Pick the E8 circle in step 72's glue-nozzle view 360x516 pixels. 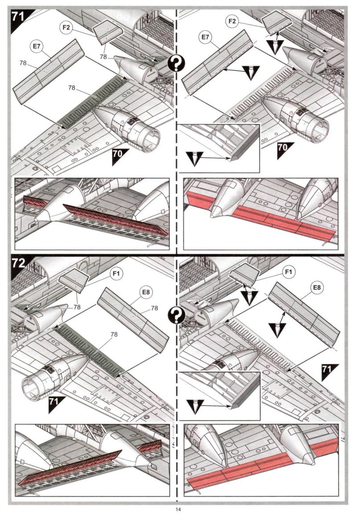pyautogui.click(x=316, y=288)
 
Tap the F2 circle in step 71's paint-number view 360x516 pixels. pyautogui.click(x=66, y=28)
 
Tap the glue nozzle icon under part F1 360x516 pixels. pyautogui.click(x=249, y=297)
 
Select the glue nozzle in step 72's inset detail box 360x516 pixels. pyautogui.click(x=195, y=407)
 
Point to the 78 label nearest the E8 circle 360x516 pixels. pyautogui.click(x=154, y=308)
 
